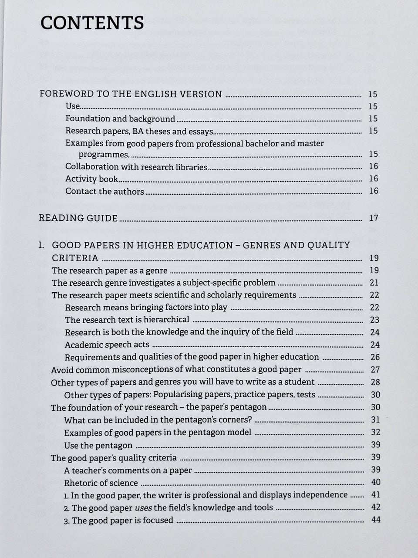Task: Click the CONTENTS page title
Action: coord(92,23)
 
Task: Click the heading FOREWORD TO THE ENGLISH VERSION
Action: coord(131,94)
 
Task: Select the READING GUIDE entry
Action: coord(78,218)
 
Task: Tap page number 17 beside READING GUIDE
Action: coord(374,218)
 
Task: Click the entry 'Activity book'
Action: coord(91,179)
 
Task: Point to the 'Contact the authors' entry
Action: coord(104,191)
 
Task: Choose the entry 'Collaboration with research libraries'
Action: coord(136,166)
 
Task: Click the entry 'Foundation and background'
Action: coord(120,118)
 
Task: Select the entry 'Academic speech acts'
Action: coord(107,345)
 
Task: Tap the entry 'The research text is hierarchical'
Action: coord(127,320)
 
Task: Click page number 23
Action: coord(374,320)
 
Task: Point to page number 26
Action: coord(374,357)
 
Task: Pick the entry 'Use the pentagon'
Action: coord(98,445)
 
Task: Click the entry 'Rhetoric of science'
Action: coord(101,483)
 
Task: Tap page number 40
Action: coord(375,482)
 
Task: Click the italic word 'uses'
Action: coord(143,507)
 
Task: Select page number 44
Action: coord(376,520)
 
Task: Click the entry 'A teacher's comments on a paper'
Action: coord(128,470)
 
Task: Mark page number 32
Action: coord(375,432)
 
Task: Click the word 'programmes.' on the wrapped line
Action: coord(104,154)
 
